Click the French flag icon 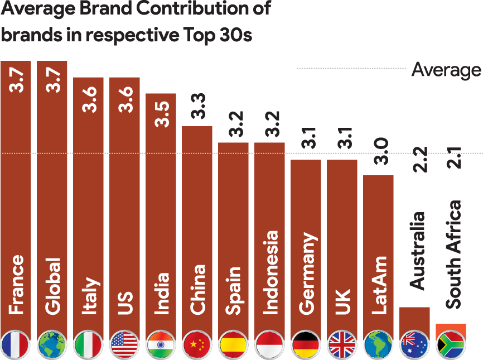tap(16, 344)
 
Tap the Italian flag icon tap(88, 344)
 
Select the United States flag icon tap(124, 344)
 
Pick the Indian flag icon tap(161, 344)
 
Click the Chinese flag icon tap(197, 344)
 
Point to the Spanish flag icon tap(233, 344)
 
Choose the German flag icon tap(306, 344)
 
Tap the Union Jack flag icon tap(342, 344)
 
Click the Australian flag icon tap(414, 344)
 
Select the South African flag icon tap(451, 344)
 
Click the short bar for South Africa tap(451, 328)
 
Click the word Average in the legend tap(446, 70)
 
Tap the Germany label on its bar tap(306, 273)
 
